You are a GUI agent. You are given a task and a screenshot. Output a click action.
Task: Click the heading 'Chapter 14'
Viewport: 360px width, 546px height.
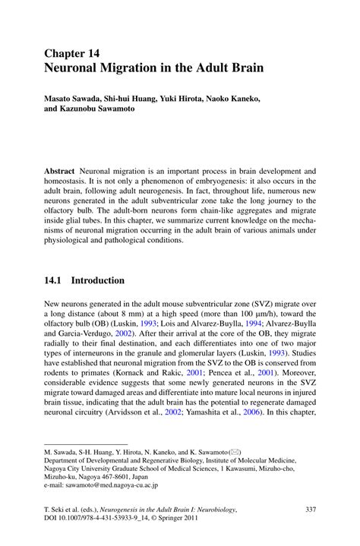tap(72, 53)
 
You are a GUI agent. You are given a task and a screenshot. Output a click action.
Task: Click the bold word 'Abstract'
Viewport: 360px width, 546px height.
tap(59, 172)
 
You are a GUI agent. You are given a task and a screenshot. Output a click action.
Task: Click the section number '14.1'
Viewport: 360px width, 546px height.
tap(55, 280)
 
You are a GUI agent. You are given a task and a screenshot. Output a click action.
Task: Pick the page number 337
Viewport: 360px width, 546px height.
tap(309, 518)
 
